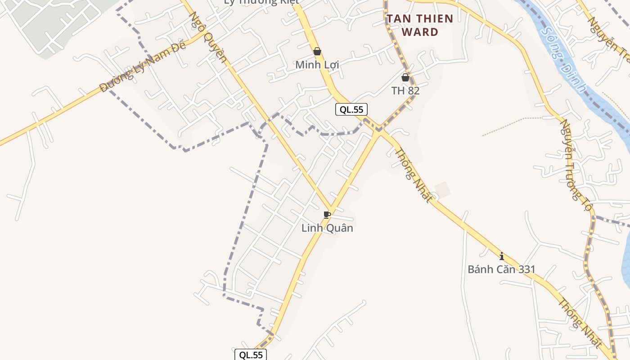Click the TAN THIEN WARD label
tap(420, 25)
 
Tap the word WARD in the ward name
tap(420, 32)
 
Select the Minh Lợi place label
tap(317, 65)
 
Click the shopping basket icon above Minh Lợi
tap(317, 51)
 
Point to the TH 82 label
tap(405, 90)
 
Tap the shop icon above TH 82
tap(405, 77)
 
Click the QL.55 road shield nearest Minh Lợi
tap(351, 109)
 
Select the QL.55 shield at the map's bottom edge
tap(251, 355)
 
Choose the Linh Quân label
tap(327, 228)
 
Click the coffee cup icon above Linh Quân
tap(327, 215)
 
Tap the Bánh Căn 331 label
tap(501, 270)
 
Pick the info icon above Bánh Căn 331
tap(502, 256)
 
